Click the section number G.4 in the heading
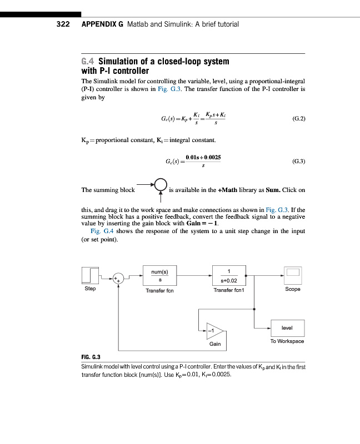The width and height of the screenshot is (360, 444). pyautogui.click(x=88, y=61)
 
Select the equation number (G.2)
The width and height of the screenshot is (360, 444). pyautogui.click(x=298, y=119)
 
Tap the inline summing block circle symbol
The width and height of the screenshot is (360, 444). pyautogui.click(x=161, y=184)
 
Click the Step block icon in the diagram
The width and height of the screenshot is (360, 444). pyautogui.click(x=91, y=276)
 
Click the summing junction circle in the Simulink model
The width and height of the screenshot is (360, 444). pyautogui.click(x=118, y=279)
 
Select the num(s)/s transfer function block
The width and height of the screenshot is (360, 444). pyautogui.click(x=160, y=276)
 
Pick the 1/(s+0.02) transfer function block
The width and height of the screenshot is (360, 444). pyautogui.click(x=229, y=276)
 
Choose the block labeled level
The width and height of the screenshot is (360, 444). pyautogui.click(x=287, y=327)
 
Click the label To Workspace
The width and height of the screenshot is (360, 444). pyautogui.click(x=287, y=341)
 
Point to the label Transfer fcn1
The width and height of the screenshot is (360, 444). pyautogui.click(x=229, y=290)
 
